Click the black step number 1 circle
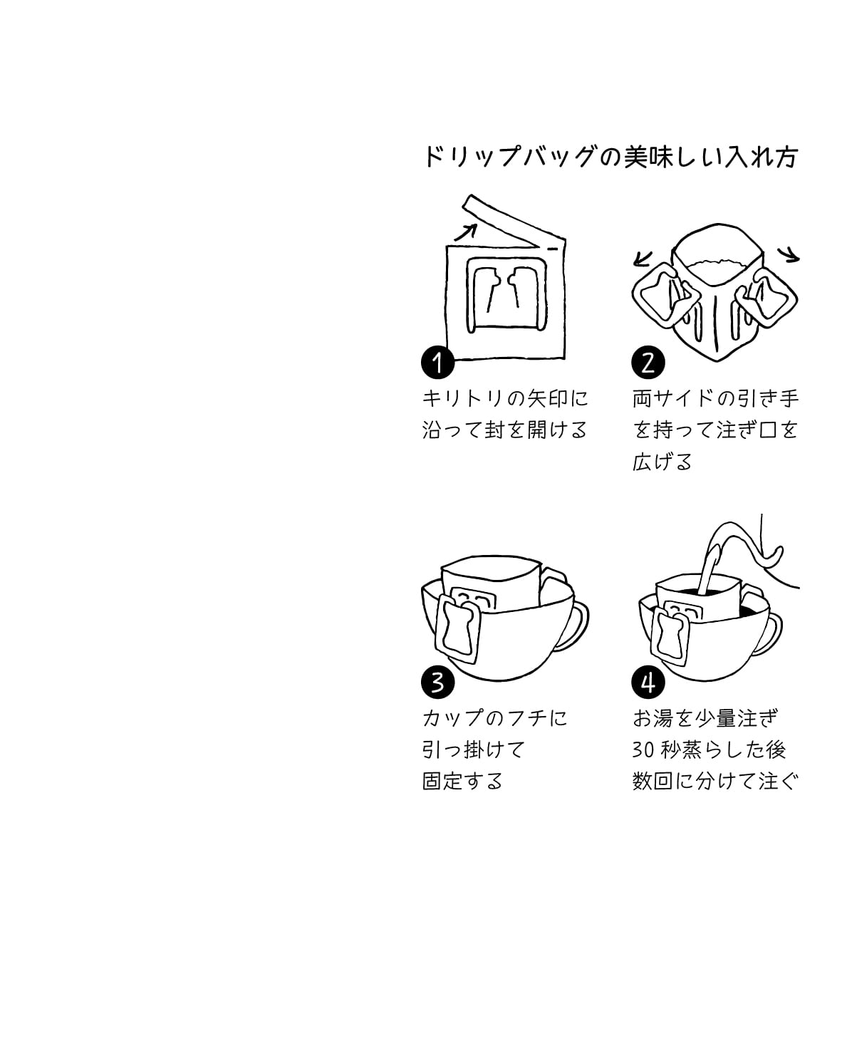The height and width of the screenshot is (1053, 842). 437,363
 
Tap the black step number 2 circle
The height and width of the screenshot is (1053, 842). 648,363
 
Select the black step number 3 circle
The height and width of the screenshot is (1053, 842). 437,683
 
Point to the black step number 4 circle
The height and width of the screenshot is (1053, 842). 648,683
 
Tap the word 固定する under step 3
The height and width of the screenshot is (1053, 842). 462,781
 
